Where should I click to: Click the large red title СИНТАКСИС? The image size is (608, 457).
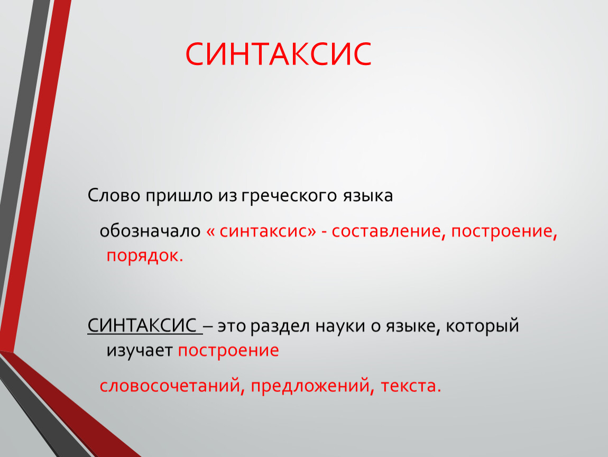pos(279,54)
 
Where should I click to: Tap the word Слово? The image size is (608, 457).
pos(114,195)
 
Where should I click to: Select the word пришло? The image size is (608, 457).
pos(180,196)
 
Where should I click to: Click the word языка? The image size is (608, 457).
pos(367,196)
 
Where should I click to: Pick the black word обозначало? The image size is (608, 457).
pos(150,231)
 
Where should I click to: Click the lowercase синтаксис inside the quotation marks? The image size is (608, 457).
pos(263,231)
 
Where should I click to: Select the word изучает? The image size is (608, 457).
pos(140,351)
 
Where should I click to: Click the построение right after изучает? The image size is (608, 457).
pos(228,351)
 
